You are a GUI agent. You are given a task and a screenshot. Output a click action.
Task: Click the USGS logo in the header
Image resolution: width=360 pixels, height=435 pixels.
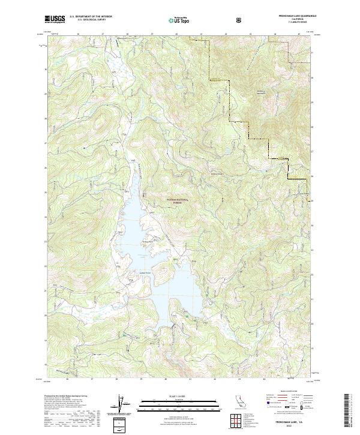[x=54, y=20]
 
